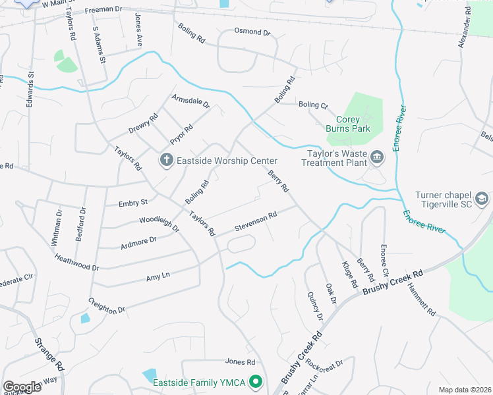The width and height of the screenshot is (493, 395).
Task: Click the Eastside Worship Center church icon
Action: click(x=166, y=160)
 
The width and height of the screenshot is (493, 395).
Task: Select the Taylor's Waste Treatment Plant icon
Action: click(x=377, y=157)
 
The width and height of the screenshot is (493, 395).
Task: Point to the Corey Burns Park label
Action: click(x=348, y=124)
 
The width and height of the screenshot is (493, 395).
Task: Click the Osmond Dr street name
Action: click(x=252, y=32)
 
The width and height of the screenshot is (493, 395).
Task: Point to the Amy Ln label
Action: click(x=158, y=278)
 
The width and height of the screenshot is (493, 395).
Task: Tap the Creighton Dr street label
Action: click(x=106, y=305)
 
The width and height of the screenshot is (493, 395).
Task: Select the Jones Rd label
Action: click(x=240, y=361)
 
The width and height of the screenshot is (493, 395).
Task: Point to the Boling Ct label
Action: click(x=312, y=105)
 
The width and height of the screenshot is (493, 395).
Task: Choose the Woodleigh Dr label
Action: click(x=159, y=224)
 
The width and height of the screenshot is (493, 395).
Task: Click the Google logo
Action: click(x=22, y=386)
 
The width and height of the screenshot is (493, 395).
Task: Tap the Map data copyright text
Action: click(x=464, y=390)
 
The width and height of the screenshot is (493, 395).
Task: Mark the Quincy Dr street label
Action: click(x=315, y=306)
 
